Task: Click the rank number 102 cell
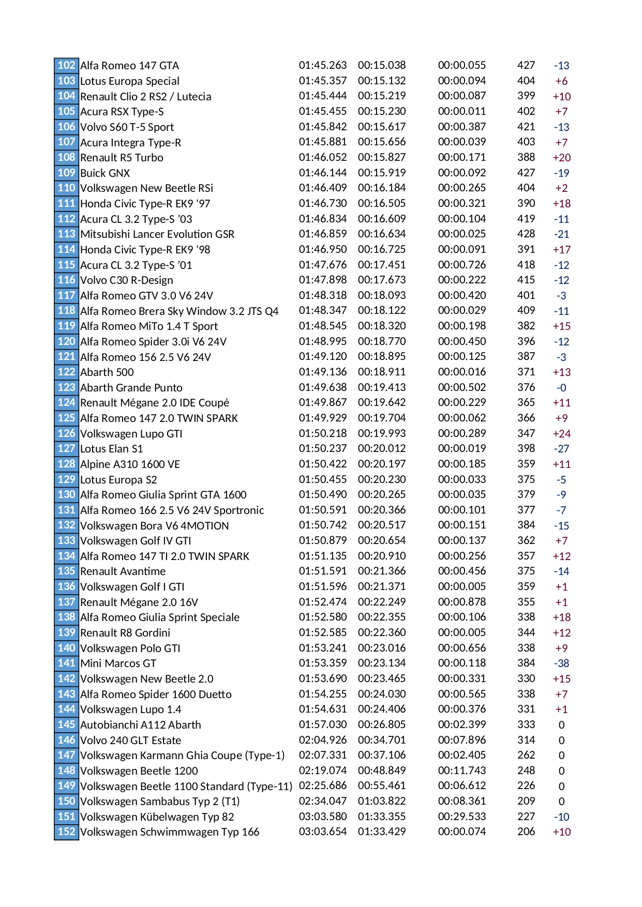coord(66,65)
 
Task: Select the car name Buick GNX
coord(105,173)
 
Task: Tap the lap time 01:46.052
coord(323,157)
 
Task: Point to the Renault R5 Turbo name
coord(122,158)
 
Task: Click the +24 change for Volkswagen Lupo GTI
coord(561,433)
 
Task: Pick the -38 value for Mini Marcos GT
coord(561,663)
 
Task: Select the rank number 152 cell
coord(66,832)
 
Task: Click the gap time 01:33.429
coord(382,832)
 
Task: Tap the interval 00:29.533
coord(462,817)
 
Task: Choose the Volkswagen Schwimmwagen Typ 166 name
coord(170,832)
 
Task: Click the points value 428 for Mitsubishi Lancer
coord(526,234)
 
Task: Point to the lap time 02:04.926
coord(323,740)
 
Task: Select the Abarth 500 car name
coord(107,372)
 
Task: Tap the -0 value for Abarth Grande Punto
coord(561,388)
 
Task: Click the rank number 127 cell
coord(66,448)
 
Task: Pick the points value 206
coord(526,832)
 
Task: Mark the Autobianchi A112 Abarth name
coord(141,725)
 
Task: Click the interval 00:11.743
coord(462,770)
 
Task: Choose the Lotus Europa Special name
coord(130,81)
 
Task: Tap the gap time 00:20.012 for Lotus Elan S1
coord(382,448)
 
